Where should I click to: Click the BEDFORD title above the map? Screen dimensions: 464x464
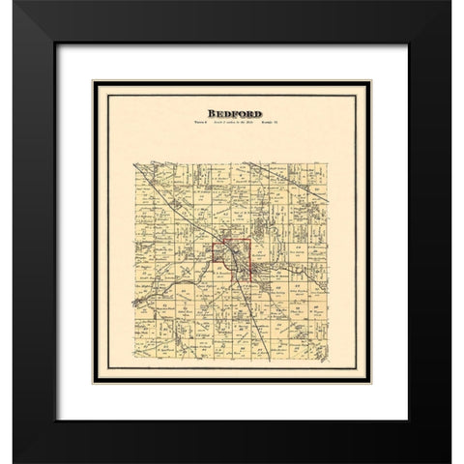[x=231, y=113]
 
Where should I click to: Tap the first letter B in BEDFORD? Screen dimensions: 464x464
[x=199, y=113]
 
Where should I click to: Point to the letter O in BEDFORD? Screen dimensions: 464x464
[x=239, y=113]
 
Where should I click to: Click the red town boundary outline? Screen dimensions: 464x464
[x=214, y=261]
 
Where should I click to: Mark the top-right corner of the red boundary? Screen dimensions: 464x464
[x=252, y=241]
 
